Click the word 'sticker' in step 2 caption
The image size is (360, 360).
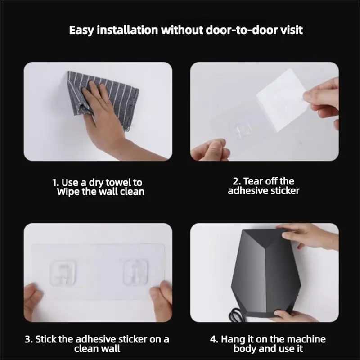(x=284, y=191)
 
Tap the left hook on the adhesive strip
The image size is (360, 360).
(x=63, y=272)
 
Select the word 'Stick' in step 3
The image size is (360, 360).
(x=46, y=339)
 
